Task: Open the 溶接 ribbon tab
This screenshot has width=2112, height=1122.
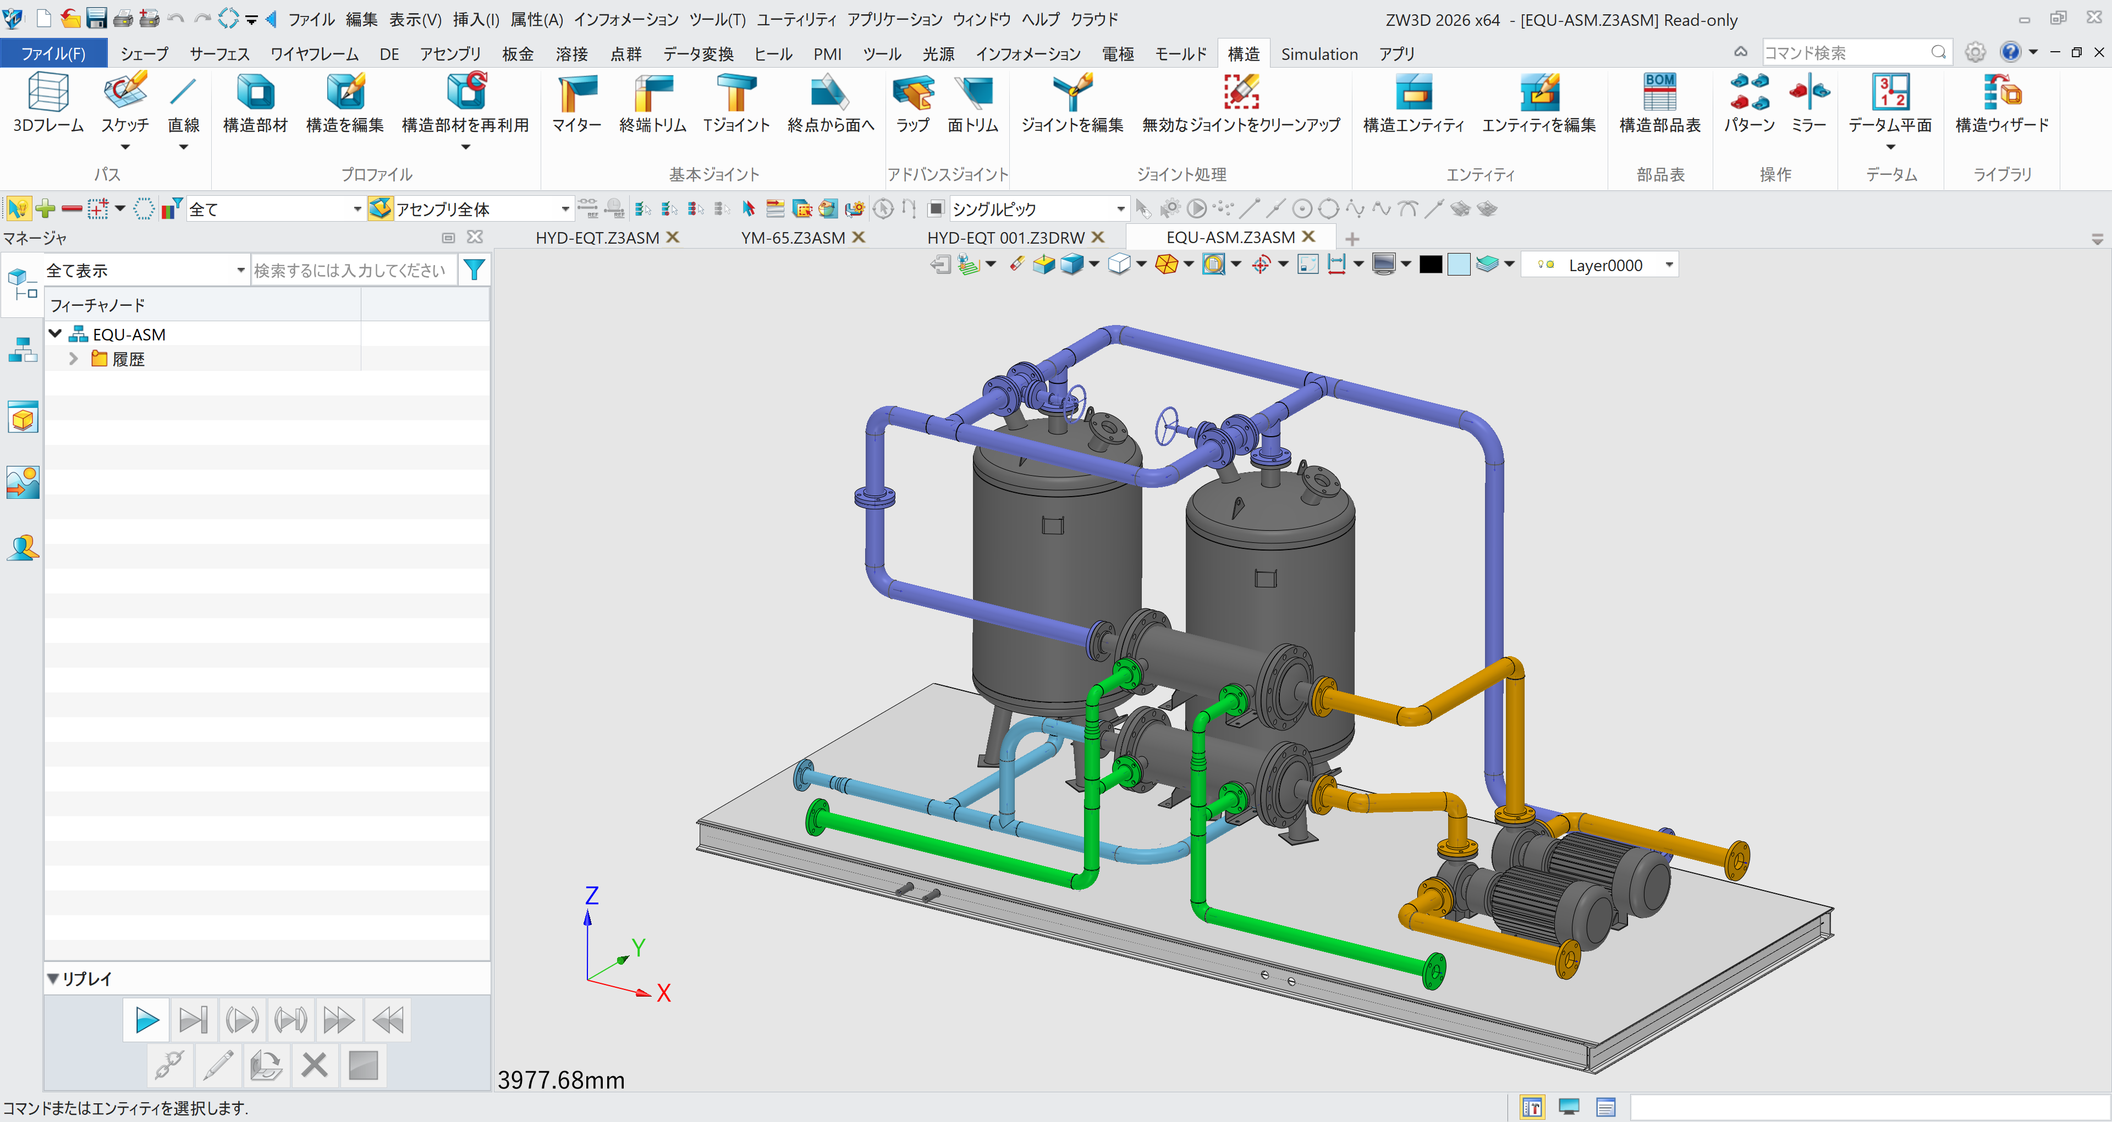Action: click(x=571, y=54)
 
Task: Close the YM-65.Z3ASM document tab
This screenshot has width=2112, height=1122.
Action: click(x=859, y=237)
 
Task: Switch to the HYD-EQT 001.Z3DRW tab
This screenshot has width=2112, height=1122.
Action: click(x=1005, y=238)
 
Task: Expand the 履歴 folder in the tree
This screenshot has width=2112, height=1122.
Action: click(x=73, y=359)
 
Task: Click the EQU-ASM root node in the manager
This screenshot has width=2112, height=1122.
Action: click(x=129, y=334)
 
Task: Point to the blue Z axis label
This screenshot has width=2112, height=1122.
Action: click(x=592, y=895)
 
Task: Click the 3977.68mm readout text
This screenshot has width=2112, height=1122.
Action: click(x=562, y=1080)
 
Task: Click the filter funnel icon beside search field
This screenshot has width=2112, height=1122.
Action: click(x=474, y=270)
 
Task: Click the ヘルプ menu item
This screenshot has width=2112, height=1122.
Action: click(x=1041, y=19)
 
